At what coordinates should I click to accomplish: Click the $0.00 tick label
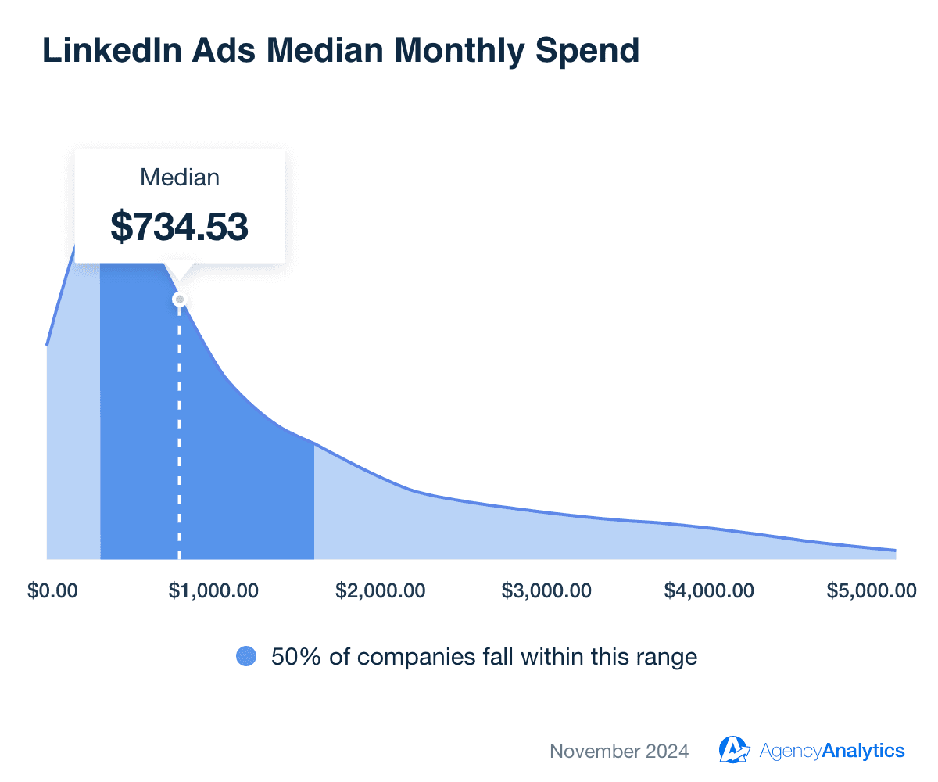[52, 590]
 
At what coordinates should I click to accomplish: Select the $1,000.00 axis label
[213, 590]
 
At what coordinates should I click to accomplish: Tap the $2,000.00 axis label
[380, 590]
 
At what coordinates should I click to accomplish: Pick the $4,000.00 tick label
[709, 590]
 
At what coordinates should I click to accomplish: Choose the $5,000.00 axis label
[871, 590]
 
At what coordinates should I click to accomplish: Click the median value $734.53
[179, 226]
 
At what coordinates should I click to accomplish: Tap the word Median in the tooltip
[179, 178]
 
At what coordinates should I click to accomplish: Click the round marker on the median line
[179, 300]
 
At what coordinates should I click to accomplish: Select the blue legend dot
[246, 657]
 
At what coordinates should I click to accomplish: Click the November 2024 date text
[619, 752]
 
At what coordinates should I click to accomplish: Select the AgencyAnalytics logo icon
[734, 749]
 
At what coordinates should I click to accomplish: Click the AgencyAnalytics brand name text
[832, 752]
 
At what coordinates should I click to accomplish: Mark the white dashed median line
[179, 430]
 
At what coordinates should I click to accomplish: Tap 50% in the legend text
[291, 657]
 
